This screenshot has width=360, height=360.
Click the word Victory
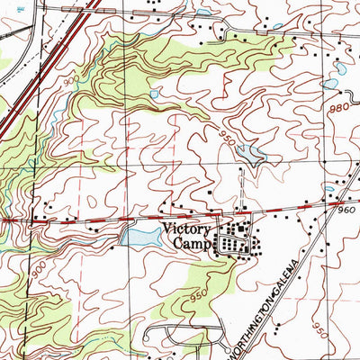click(x=184, y=229)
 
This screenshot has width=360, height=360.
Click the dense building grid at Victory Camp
click(x=236, y=241)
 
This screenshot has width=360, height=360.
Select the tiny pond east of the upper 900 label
click(x=154, y=93)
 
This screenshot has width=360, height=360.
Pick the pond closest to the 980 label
click(x=329, y=84)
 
